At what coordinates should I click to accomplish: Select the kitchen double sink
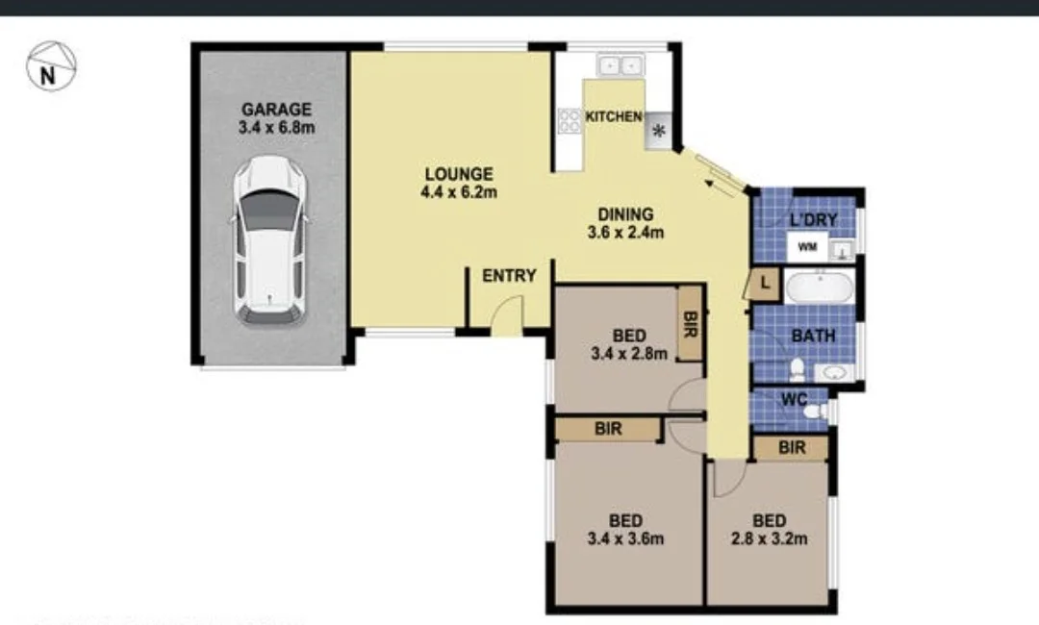[620, 65]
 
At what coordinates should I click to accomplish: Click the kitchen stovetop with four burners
[569, 120]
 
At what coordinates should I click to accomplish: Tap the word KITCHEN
[614, 116]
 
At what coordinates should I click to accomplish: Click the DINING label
[625, 214]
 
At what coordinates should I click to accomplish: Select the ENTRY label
[509, 276]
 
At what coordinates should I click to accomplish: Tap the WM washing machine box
[808, 249]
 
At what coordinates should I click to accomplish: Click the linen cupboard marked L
[764, 284]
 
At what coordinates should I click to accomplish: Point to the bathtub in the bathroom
[818, 287]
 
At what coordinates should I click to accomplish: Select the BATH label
[813, 337]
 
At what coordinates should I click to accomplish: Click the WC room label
[793, 398]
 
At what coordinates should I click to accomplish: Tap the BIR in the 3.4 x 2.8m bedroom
[690, 325]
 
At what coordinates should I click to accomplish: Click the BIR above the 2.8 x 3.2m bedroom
[792, 448]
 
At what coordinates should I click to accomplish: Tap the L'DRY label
[813, 220]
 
